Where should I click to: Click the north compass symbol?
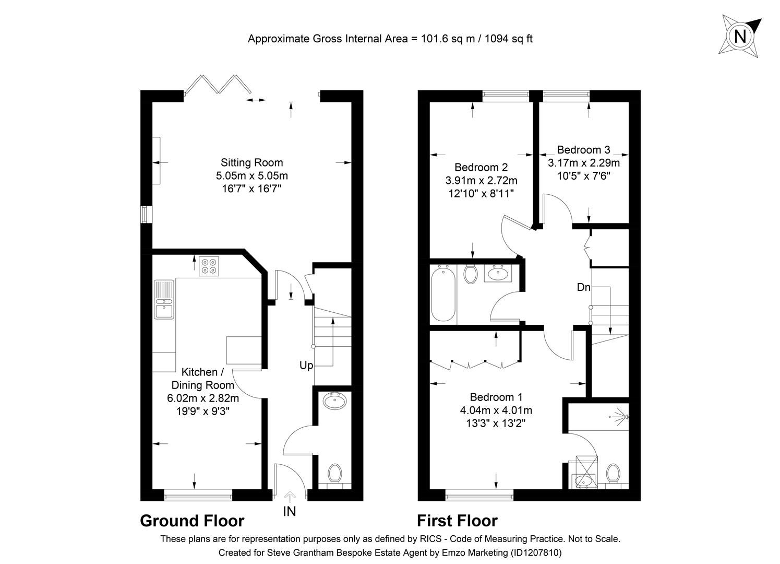739,36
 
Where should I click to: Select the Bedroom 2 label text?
481,168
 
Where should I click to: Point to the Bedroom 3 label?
583,150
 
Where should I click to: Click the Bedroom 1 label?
496,397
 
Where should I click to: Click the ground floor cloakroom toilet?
334,474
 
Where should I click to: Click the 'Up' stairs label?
306,366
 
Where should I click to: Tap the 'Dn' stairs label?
584,287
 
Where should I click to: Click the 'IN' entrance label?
289,512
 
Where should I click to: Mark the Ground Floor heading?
192,521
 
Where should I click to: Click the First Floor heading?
457,521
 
